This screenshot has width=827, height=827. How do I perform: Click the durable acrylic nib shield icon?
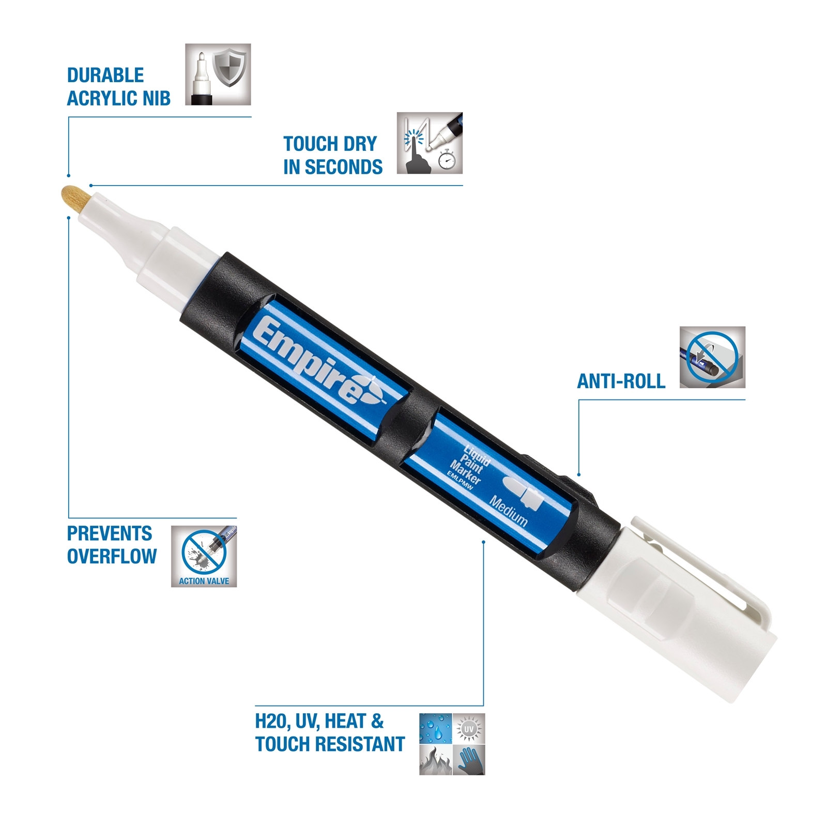click(x=218, y=74)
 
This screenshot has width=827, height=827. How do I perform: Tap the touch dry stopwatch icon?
click(x=430, y=143)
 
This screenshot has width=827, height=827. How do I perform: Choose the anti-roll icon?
click(x=712, y=357)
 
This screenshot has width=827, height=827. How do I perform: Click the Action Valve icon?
click(x=204, y=556)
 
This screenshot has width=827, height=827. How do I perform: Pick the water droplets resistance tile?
click(x=436, y=729)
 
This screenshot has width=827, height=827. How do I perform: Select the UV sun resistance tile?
click(x=469, y=729)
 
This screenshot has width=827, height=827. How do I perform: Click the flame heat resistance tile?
click(x=436, y=760)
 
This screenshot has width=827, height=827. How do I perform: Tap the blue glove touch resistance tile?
click(x=469, y=760)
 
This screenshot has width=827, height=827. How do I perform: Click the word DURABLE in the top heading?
click(x=105, y=75)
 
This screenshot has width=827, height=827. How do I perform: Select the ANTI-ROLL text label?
click(x=621, y=381)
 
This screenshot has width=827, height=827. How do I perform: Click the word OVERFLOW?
click(x=112, y=556)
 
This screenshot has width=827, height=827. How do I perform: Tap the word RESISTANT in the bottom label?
click(x=360, y=744)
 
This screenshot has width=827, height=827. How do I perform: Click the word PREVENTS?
click(x=110, y=533)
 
